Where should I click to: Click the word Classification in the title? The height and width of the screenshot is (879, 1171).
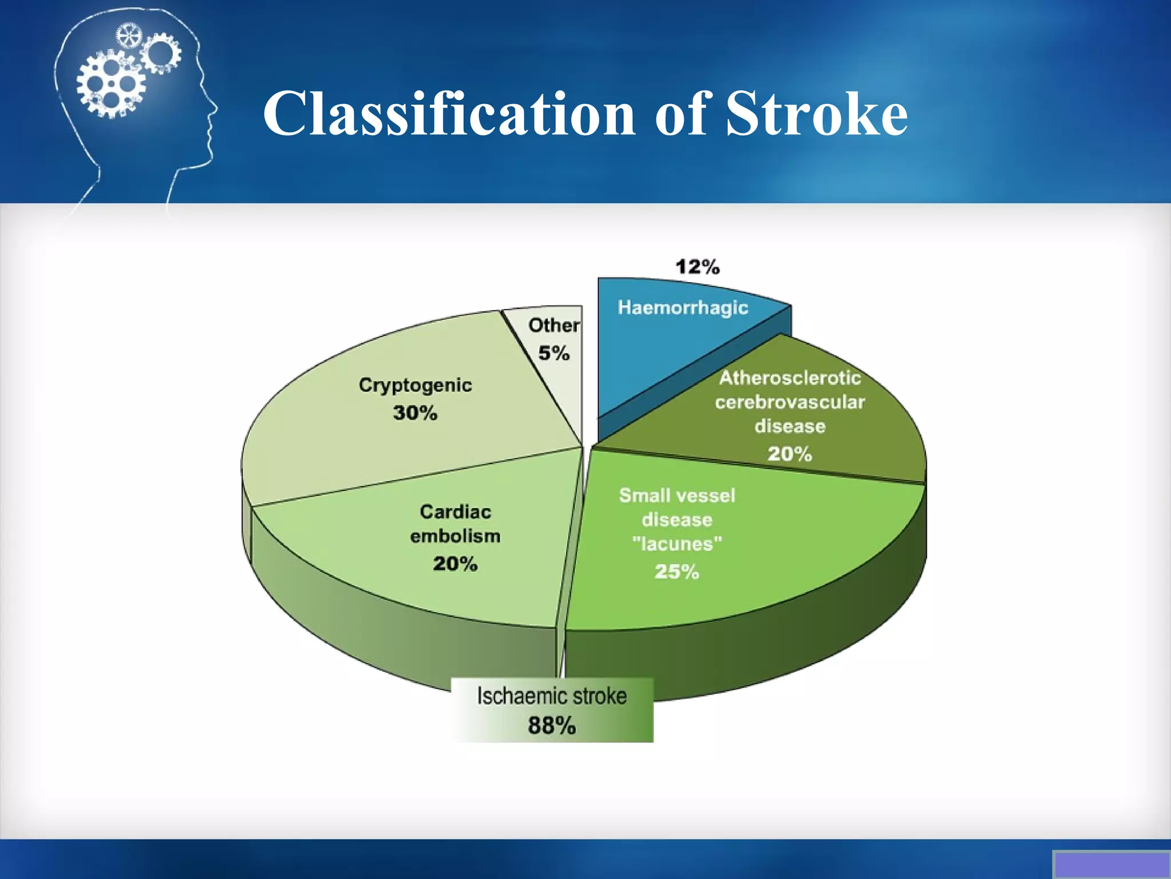click(448, 114)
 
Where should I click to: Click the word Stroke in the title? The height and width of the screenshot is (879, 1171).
click(816, 114)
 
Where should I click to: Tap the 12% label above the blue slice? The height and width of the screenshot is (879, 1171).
click(697, 267)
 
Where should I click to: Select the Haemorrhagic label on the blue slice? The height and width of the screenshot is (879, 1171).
click(683, 308)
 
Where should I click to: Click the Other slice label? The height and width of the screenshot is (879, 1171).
click(553, 325)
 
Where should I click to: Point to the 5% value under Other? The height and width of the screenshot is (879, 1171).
click(553, 353)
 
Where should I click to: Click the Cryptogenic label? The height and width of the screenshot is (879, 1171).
click(415, 385)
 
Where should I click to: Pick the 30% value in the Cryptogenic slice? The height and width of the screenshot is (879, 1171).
click(415, 413)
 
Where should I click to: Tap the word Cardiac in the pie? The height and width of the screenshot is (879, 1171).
click(455, 512)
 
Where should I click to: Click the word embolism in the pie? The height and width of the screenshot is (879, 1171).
click(455, 536)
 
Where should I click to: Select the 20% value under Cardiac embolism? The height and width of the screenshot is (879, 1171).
click(455, 564)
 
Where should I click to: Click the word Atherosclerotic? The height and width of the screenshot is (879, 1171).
click(790, 378)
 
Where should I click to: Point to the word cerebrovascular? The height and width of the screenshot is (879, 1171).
click(790, 402)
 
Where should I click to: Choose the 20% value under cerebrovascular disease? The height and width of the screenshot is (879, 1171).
click(790, 454)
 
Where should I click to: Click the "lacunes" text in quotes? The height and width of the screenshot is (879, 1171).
click(677, 544)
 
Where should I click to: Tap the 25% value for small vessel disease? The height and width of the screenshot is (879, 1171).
click(677, 572)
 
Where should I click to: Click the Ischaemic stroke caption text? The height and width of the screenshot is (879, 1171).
click(552, 696)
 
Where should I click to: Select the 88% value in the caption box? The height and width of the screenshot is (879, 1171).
click(552, 726)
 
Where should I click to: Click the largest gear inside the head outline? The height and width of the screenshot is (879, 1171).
click(111, 85)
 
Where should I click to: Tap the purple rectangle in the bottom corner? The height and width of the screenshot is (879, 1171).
click(1111, 865)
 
